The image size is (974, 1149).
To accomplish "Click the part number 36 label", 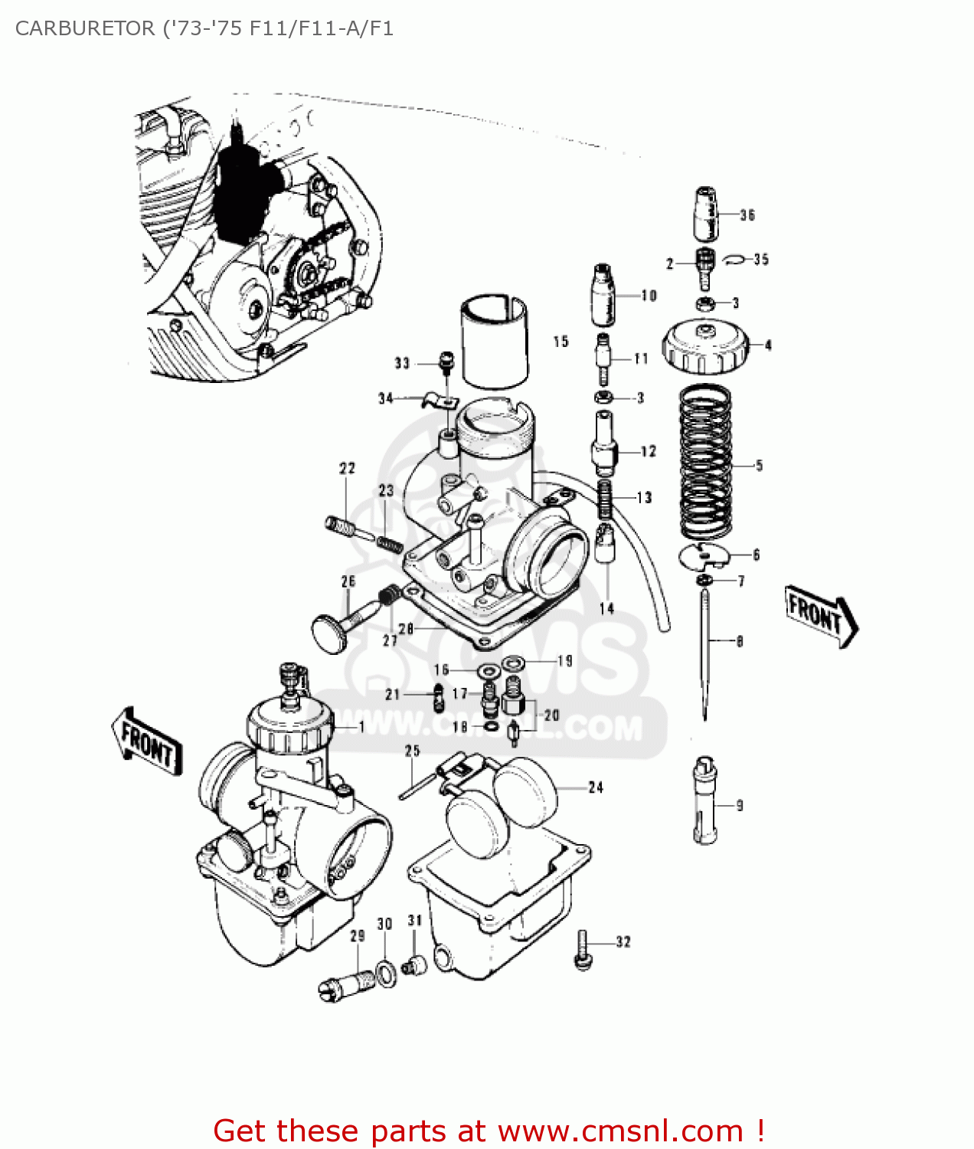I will (x=747, y=215).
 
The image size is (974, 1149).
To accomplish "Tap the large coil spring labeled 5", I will (x=705, y=463).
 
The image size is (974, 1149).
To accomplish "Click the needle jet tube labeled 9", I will (x=704, y=800).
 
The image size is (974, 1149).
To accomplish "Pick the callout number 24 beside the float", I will (x=596, y=787).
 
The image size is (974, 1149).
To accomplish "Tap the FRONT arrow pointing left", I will (x=148, y=741).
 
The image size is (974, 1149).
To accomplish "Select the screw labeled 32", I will (x=583, y=951).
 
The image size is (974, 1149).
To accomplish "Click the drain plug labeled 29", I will (x=347, y=984).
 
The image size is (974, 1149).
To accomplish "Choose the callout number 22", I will (x=348, y=468).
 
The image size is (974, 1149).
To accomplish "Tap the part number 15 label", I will (x=561, y=342).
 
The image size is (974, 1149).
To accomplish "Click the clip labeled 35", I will (x=734, y=259).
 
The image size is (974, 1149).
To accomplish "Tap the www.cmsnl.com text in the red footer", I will (x=620, y=1131).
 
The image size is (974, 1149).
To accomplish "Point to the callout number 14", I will (x=606, y=609).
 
